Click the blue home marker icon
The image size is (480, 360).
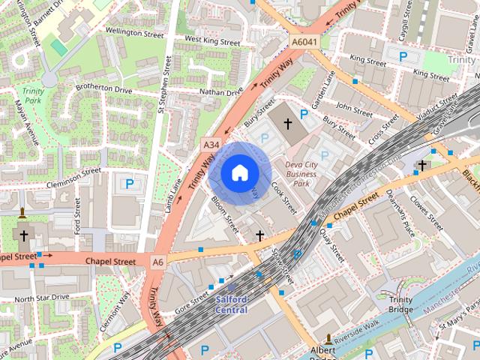tap(239, 173)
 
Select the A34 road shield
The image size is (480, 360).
tap(211, 143)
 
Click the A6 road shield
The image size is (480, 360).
tap(157, 262)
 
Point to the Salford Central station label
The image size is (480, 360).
tap(231, 304)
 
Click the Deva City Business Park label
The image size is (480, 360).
tap(301, 173)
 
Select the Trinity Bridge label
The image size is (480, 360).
tap(400, 304)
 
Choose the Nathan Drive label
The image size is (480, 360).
tap(221, 92)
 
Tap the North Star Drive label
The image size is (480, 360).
tap(42, 298)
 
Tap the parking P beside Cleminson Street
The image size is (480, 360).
tap(129, 183)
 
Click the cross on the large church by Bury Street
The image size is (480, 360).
tap(287, 123)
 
